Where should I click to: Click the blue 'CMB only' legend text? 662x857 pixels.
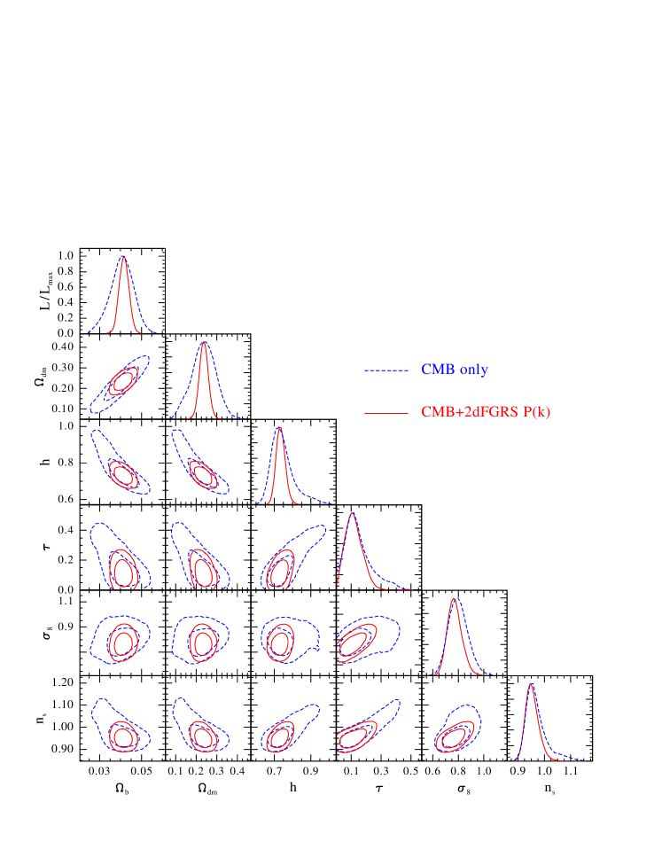[x=454, y=370]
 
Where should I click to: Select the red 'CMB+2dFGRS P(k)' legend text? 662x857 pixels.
[x=486, y=412]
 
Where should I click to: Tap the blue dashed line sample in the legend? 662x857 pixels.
[x=386, y=370]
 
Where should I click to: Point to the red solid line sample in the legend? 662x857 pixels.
[x=386, y=413]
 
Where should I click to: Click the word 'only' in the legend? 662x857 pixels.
[x=473, y=370]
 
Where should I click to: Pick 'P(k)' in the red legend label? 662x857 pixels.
[x=534, y=412]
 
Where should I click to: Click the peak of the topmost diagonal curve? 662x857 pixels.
[x=123, y=257]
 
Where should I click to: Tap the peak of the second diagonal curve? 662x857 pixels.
[x=204, y=343]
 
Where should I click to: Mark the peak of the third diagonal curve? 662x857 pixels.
[x=280, y=428]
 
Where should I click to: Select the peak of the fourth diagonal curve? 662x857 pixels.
[x=353, y=514]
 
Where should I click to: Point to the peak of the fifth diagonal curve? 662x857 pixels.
[x=455, y=599]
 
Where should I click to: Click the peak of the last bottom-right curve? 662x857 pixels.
[x=530, y=685]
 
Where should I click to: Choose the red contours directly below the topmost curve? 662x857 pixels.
[x=122, y=382]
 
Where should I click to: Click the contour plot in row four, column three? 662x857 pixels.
[x=280, y=568]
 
